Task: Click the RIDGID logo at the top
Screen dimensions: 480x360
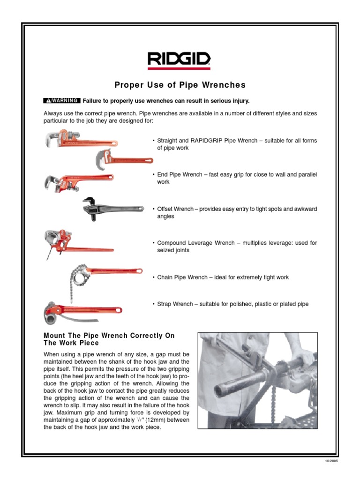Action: pos(180,60)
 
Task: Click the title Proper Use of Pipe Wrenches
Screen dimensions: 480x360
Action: pos(180,85)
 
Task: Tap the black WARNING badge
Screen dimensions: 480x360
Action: pos(61,100)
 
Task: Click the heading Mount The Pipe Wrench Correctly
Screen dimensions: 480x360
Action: pos(109,336)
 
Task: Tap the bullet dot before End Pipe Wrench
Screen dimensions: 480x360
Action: pos(153,175)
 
